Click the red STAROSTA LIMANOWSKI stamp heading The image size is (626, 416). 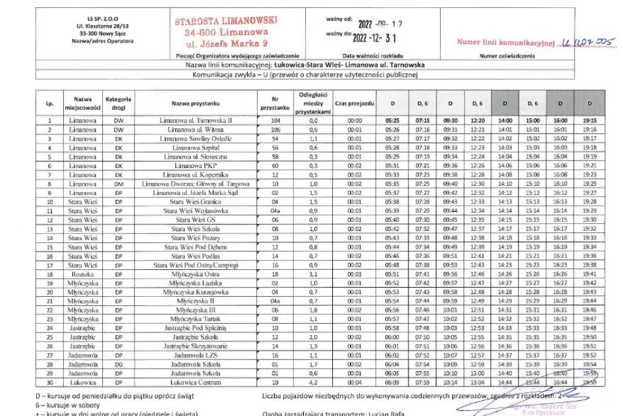(x=227, y=20)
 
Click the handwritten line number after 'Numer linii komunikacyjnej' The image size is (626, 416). (x=588, y=43)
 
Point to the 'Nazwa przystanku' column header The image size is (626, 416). (x=195, y=103)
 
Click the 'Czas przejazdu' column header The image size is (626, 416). (x=355, y=103)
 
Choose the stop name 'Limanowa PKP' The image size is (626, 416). (x=196, y=166)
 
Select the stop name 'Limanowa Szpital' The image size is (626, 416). (x=196, y=147)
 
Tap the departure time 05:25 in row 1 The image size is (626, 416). (x=393, y=120)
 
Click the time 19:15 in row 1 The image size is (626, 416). (x=590, y=120)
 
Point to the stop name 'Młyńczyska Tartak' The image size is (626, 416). (x=196, y=319)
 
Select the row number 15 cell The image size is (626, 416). (x=49, y=246)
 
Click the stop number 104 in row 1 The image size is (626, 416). (x=275, y=120)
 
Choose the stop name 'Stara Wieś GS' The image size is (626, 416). (x=196, y=219)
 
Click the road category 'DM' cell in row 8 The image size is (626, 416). (x=119, y=184)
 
